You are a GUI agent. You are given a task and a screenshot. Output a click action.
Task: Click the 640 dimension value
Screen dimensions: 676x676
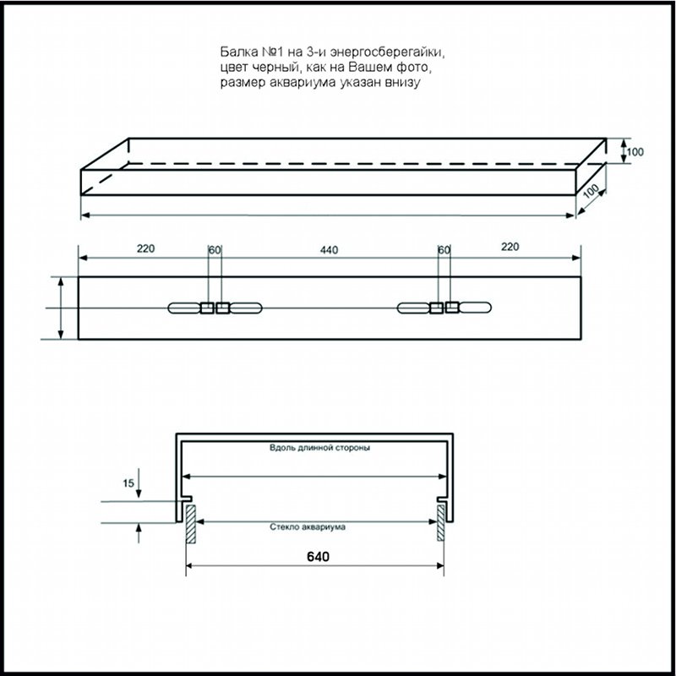tap(318, 557)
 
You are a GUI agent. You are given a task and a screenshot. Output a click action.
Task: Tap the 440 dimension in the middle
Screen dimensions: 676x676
tap(329, 250)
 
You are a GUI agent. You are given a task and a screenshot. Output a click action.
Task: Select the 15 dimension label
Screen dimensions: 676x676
tap(128, 483)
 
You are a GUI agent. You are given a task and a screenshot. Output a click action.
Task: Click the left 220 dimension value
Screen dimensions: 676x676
tap(145, 248)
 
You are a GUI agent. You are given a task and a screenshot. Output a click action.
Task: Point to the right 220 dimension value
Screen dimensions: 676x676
tap(510, 247)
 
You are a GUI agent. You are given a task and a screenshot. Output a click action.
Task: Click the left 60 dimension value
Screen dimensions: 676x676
tap(215, 250)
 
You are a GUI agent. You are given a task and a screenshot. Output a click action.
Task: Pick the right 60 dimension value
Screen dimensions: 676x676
tap(444, 250)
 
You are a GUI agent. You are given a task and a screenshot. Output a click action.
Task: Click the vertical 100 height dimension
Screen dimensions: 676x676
tap(635, 152)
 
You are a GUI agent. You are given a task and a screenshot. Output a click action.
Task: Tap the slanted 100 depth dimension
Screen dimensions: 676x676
tap(591, 191)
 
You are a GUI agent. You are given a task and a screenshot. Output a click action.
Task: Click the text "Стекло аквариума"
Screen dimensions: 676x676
tap(308, 526)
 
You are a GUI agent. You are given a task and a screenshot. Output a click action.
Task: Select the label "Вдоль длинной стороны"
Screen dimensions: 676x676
tap(319, 448)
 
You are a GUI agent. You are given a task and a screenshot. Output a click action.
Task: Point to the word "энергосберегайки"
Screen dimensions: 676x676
tap(387, 52)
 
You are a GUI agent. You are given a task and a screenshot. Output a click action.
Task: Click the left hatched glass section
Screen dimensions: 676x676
tap(191, 523)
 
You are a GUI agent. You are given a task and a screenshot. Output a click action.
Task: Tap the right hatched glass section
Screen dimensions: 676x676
tap(440, 522)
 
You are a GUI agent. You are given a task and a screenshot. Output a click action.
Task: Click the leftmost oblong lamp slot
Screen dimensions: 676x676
tap(184, 308)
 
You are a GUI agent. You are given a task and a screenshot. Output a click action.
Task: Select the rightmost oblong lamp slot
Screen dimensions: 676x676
tap(475, 308)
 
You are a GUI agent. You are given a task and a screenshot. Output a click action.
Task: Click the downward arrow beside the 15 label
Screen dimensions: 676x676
tap(139, 482)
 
